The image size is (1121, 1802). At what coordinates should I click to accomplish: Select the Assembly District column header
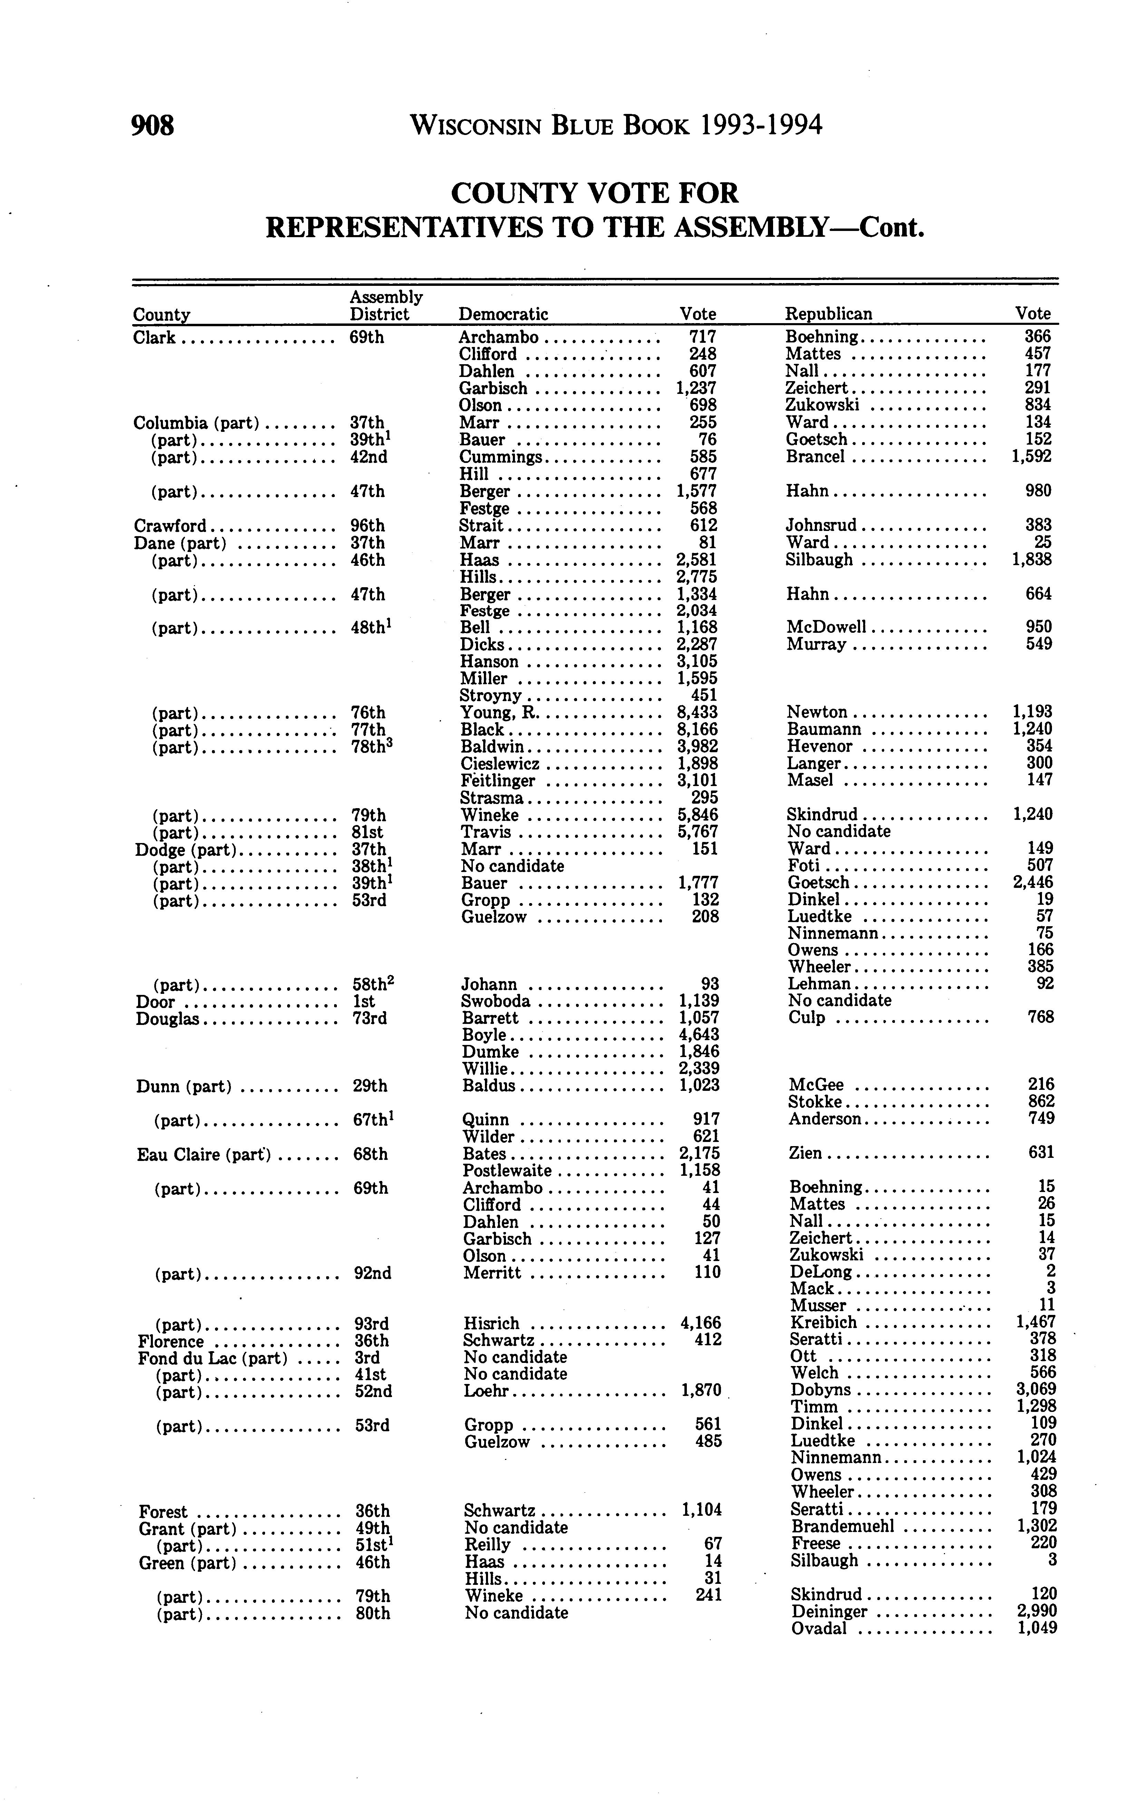pos(386,306)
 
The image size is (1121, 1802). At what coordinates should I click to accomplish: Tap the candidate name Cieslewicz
pos(500,764)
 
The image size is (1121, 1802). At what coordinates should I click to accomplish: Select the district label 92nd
pos(372,1273)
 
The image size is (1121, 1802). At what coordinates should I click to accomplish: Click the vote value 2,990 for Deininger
pos(1036,1611)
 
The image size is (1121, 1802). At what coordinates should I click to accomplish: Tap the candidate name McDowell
pos(826,627)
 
